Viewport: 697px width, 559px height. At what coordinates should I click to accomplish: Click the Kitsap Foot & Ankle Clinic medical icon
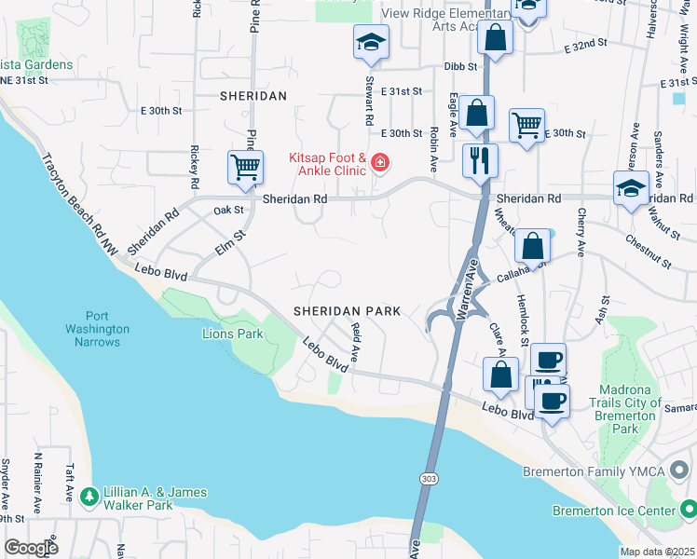(x=379, y=164)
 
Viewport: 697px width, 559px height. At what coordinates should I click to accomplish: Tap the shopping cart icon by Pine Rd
(x=244, y=168)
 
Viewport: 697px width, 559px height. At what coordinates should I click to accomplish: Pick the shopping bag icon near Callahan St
(x=532, y=246)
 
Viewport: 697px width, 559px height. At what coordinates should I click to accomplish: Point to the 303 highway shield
(x=428, y=478)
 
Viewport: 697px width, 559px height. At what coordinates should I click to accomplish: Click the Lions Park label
(x=233, y=334)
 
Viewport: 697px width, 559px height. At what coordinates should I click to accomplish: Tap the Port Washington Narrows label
(x=97, y=329)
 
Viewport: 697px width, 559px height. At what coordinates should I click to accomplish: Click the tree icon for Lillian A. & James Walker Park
(x=89, y=497)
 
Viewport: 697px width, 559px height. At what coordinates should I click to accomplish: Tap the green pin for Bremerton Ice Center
(x=687, y=511)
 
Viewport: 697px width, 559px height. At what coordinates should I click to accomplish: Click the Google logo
(x=31, y=547)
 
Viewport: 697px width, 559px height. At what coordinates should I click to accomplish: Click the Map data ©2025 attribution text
(x=657, y=552)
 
